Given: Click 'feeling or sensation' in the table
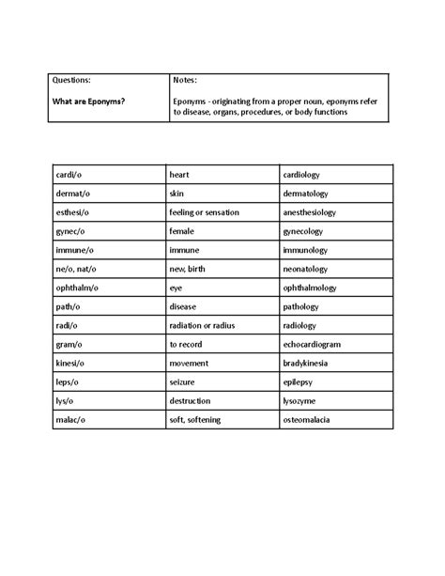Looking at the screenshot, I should pos(204,212).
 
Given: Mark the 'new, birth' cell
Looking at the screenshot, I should pos(191,269).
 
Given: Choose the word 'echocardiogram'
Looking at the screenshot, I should pos(317,344).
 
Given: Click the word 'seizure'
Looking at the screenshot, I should pos(184,381).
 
